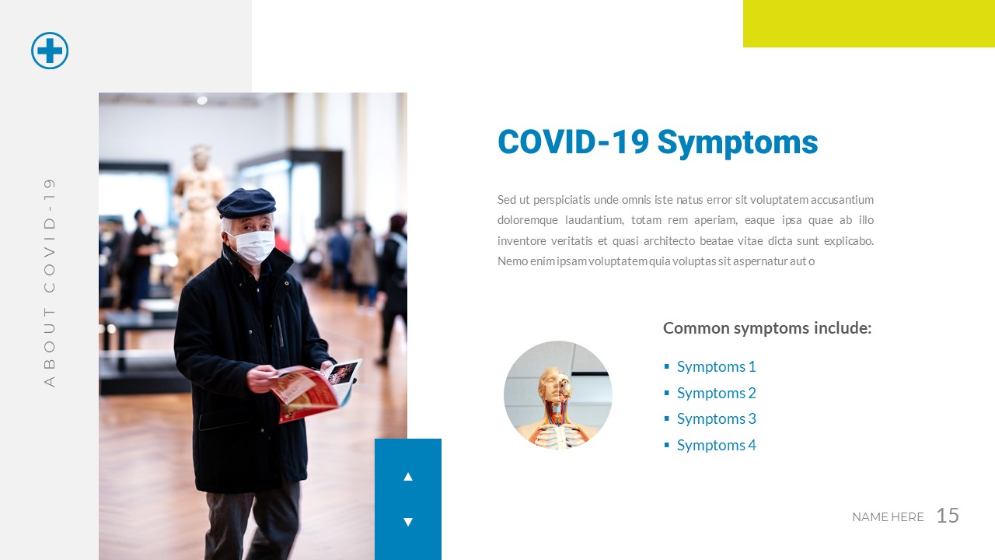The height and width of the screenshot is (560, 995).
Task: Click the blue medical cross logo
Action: [x=50, y=51]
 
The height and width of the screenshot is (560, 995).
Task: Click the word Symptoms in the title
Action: [x=737, y=142]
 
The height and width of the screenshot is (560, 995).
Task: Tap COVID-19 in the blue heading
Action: [x=572, y=142]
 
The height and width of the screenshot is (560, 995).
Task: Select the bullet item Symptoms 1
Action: [x=716, y=366]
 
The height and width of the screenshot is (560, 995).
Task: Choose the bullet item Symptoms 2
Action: [x=716, y=393]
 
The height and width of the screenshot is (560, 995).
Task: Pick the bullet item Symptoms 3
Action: [x=716, y=418]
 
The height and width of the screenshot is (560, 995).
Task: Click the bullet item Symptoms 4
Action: [x=716, y=445]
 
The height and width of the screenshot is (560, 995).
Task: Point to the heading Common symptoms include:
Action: [x=766, y=328]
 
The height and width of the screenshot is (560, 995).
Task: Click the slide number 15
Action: [x=947, y=516]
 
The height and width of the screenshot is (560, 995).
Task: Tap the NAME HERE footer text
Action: [x=888, y=517]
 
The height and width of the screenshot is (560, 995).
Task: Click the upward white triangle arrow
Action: [x=408, y=476]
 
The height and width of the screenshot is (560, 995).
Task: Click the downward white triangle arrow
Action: [x=408, y=522]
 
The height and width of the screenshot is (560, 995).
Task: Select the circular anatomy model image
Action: [x=558, y=395]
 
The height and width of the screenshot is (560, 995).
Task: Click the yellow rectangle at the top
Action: [x=868, y=23]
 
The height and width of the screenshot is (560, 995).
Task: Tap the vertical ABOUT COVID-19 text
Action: [x=50, y=282]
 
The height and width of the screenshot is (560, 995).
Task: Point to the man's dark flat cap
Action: [x=246, y=203]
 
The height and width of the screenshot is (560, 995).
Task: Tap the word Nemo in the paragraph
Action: [x=511, y=261]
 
